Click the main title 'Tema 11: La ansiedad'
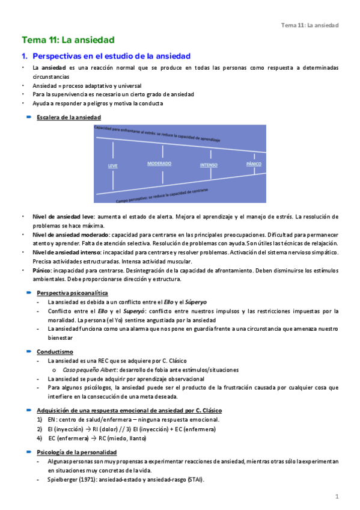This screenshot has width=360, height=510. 68,40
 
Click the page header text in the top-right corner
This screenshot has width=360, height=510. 310,25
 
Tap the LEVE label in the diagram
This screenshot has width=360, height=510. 112,165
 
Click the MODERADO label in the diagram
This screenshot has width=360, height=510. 159,164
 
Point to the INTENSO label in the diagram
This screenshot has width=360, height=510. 209,164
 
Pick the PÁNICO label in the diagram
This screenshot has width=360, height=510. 254,164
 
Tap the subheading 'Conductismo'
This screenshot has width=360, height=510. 55,351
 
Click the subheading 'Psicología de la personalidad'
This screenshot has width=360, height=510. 76,452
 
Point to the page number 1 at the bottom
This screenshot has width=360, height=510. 337,497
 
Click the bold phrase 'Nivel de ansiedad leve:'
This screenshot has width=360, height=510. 64,217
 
